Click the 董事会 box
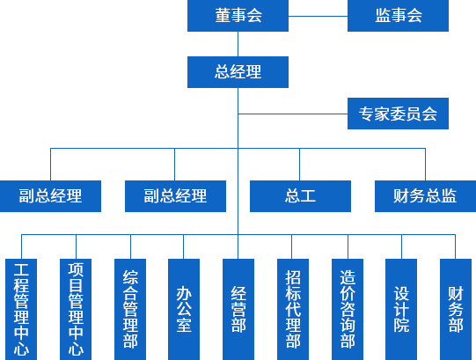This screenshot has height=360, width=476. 238,16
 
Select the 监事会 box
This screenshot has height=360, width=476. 398,16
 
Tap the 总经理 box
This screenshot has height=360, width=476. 238,72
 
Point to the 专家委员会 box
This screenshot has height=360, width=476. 398,114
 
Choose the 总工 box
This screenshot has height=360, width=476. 300,196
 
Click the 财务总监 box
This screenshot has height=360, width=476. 425,196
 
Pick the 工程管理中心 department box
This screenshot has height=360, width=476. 21,309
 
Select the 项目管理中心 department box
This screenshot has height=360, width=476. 76,309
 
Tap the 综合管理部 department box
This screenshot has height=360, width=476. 130,309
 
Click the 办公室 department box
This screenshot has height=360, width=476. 184,309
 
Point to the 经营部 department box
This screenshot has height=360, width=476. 238,309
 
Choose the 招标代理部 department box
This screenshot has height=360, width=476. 293,309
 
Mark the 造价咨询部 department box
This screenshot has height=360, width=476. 348,309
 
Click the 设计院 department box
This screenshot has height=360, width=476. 401,309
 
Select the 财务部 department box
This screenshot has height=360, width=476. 456,309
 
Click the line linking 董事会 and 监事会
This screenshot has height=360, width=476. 318,16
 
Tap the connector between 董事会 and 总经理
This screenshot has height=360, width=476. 238,44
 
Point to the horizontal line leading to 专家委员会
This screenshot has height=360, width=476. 293,114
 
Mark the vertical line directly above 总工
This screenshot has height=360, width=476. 300,165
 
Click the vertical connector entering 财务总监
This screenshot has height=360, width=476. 425,165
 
